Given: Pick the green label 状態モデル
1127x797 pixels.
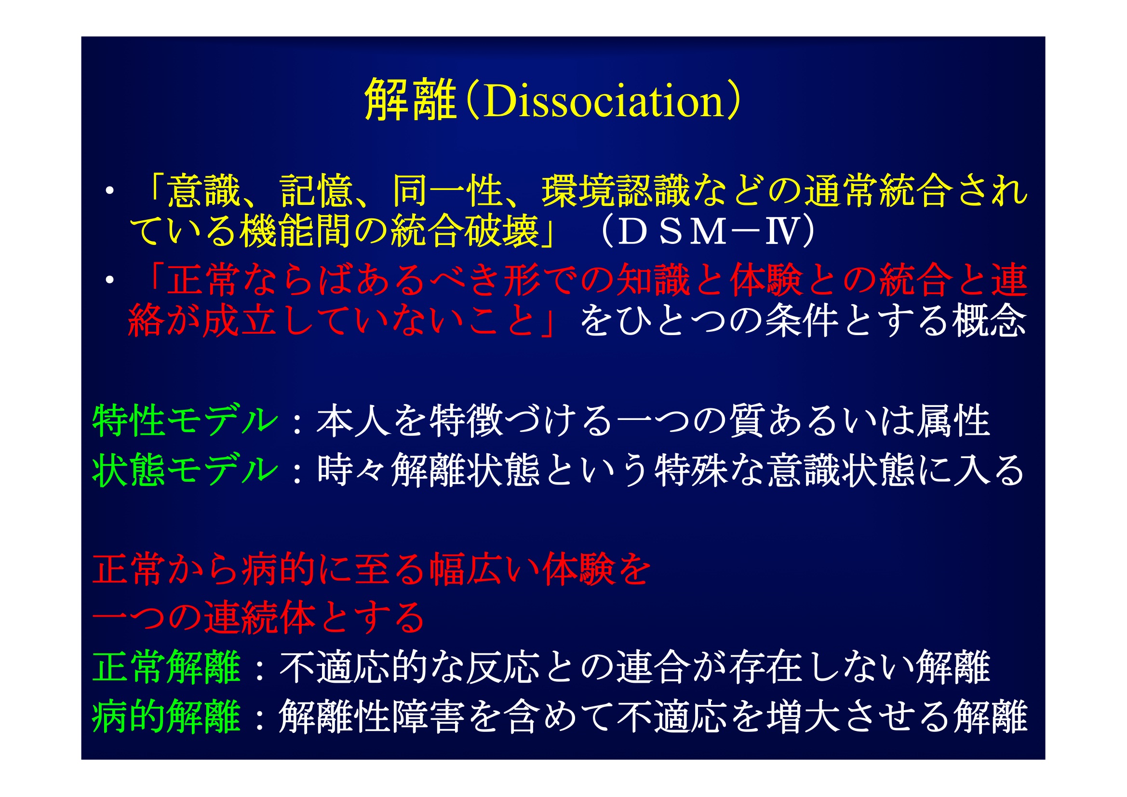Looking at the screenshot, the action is (x=186, y=470).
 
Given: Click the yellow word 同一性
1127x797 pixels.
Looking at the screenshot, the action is (x=448, y=190).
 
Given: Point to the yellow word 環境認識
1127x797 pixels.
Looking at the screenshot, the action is (x=616, y=190).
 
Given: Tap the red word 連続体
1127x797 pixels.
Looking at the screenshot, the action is (x=259, y=617).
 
